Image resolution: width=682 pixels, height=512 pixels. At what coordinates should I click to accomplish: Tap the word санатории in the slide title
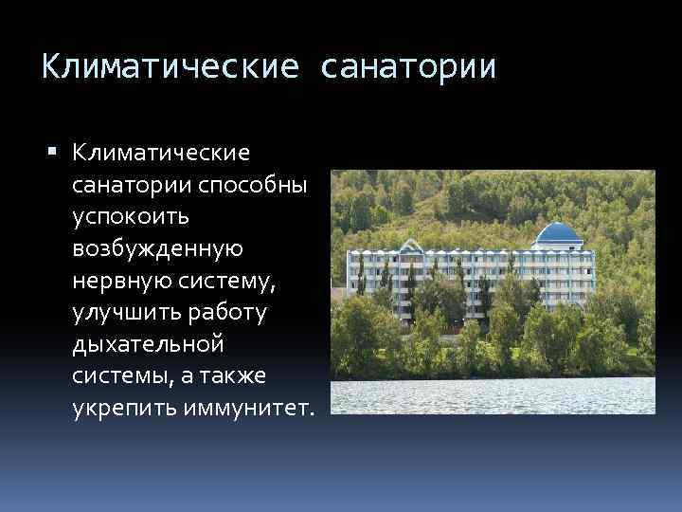tap(408, 67)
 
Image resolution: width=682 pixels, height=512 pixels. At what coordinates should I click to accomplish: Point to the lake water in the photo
tap(493, 395)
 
